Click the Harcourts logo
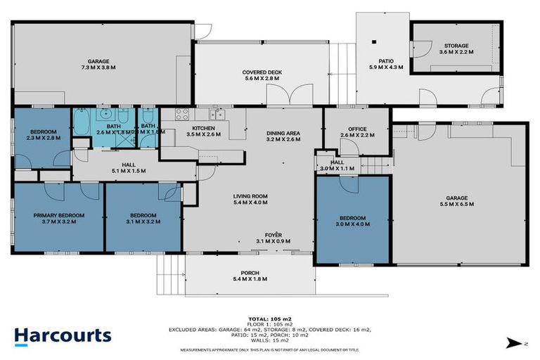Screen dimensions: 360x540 click(x=63, y=335)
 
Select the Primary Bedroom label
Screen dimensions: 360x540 click(x=58, y=218)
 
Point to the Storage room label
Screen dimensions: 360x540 click(x=454, y=49)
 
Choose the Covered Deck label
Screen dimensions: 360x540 click(x=261, y=75)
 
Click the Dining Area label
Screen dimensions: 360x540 click(x=283, y=136)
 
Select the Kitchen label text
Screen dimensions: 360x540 click(x=203, y=131)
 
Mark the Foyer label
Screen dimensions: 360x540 click(x=274, y=238)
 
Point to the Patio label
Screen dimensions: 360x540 click(x=382, y=64)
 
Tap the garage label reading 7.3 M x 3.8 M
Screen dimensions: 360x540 click(x=98, y=65)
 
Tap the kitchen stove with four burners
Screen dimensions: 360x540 click(x=181, y=115)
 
